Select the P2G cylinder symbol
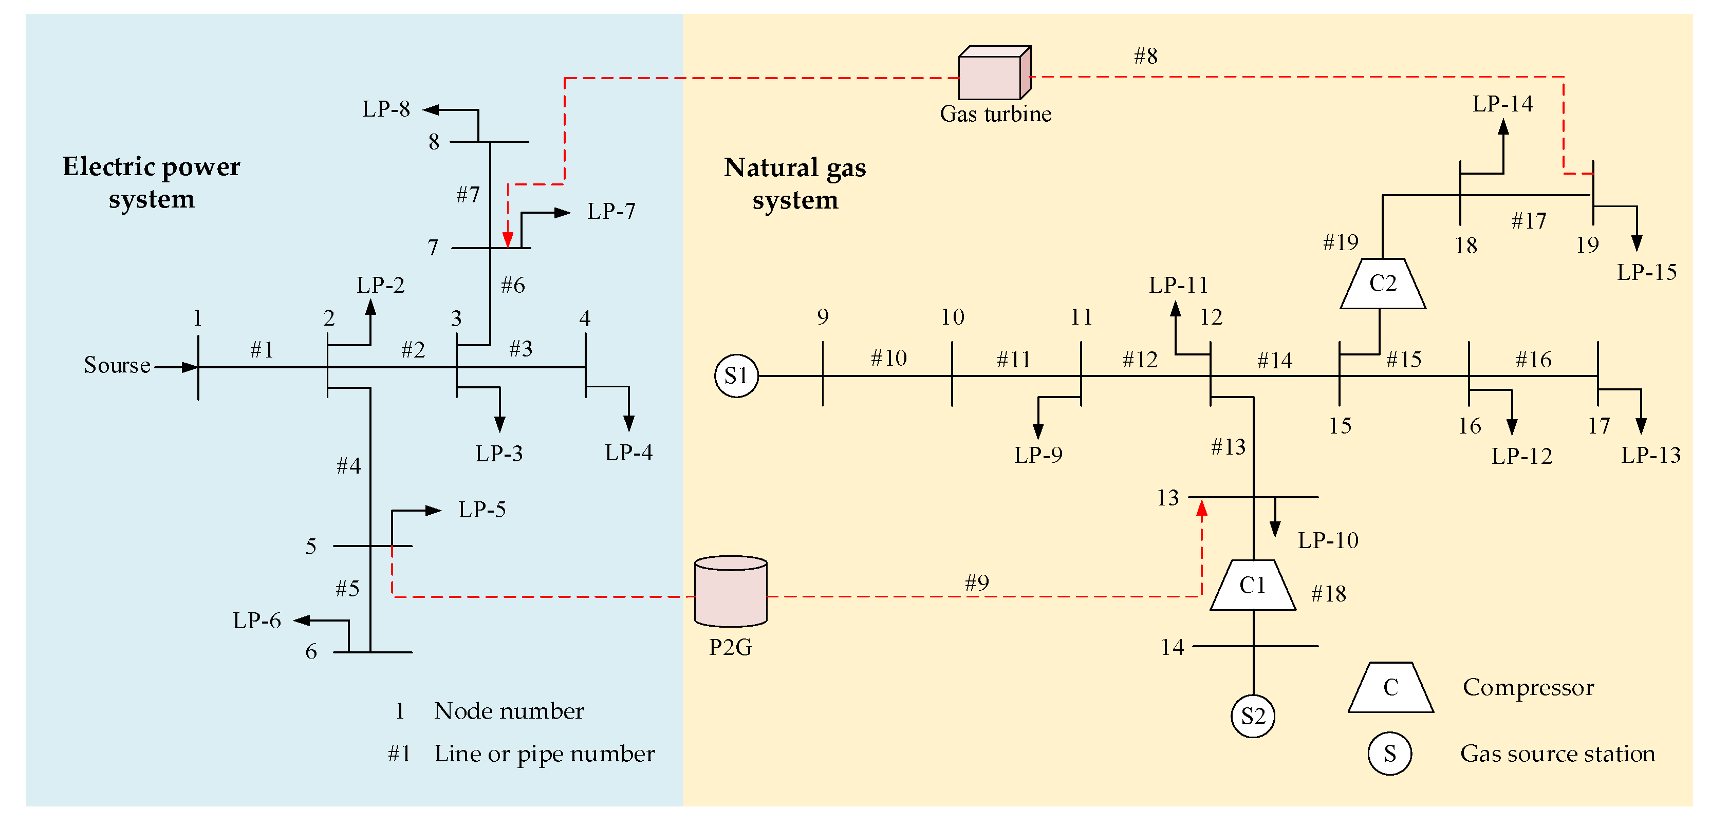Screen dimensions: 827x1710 pos(730,591)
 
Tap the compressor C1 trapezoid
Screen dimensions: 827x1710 pos(1253,586)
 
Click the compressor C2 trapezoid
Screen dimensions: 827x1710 pos(1383,284)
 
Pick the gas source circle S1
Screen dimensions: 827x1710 pos(736,377)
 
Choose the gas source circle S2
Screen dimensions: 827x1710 pos(1253,716)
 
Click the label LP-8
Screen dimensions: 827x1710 pos(386,109)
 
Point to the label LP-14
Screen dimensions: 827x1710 pos(1502,104)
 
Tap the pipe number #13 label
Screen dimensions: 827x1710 pos(1228,447)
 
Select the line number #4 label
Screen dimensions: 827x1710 pos(348,466)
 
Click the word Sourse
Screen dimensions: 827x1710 pos(117,365)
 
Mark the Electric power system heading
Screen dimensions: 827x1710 pos(152,182)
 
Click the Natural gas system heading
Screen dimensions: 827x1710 pos(794,184)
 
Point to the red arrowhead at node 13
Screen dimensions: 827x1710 pos(1201,509)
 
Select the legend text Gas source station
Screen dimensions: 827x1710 pos(1557,754)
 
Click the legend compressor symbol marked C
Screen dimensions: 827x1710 pos(1391,688)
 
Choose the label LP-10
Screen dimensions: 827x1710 pos(1328,540)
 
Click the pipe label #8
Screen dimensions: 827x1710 pos(1146,57)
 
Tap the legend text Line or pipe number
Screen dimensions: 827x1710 pos(544,754)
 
